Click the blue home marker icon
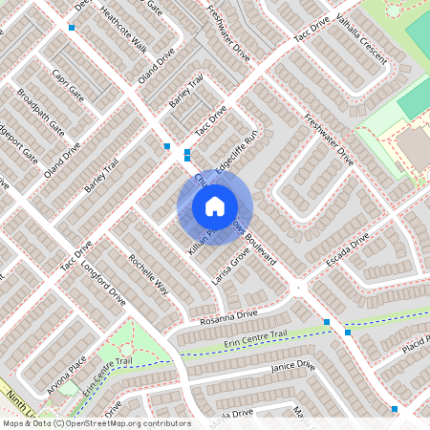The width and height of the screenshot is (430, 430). click(215, 206)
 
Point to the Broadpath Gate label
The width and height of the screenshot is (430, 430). click(41, 112)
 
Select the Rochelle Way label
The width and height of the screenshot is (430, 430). click(149, 275)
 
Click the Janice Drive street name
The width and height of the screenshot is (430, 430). click(292, 366)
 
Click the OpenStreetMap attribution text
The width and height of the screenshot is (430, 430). click(96, 423)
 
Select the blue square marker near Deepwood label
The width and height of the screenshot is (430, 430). click(72, 27)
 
